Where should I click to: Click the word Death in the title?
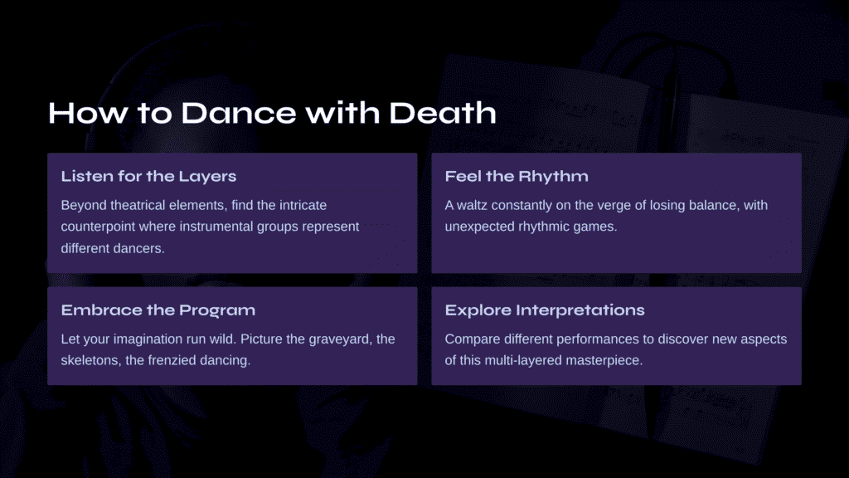443,113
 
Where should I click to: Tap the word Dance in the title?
238,113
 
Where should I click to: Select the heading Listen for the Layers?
148,176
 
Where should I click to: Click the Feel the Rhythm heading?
517,176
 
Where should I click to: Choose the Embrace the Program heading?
158,310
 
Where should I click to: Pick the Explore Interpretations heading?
545,310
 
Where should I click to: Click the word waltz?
472,206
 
